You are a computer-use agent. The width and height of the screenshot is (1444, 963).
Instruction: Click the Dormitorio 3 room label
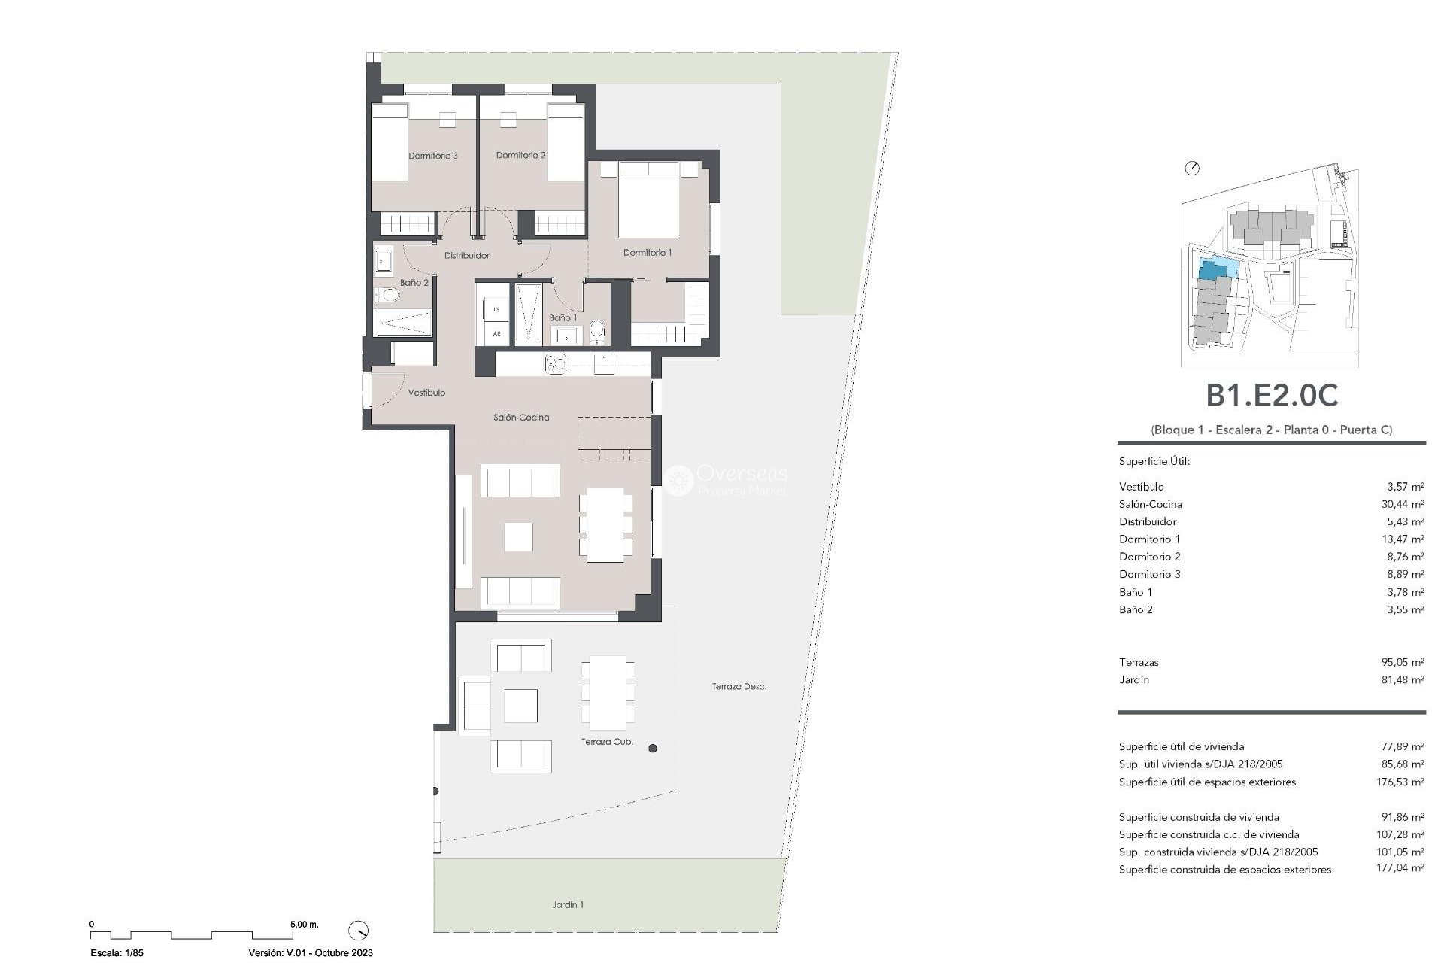pos(433,156)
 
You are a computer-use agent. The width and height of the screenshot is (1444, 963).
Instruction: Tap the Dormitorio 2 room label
pos(520,155)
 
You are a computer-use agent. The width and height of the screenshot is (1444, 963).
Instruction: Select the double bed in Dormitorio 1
pos(648,201)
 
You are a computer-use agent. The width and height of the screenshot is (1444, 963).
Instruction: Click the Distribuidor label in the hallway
pos(466,255)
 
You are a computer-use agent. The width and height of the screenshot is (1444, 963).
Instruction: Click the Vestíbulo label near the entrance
pos(426,393)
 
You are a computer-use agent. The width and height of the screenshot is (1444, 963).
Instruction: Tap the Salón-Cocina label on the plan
pos(521,417)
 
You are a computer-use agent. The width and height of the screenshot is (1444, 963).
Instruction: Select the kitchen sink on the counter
pos(556,364)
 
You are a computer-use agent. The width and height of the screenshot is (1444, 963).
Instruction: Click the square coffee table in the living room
pos(518,537)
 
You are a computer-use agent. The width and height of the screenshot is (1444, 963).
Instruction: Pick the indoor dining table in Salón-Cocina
pos(605,524)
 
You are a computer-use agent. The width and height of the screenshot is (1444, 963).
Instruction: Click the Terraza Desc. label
pos(739,686)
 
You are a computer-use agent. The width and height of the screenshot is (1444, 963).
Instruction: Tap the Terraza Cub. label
pos(607,742)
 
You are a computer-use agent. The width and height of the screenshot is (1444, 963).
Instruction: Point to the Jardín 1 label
pos(568,904)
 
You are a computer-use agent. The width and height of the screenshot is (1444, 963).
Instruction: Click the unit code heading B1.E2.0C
pos(1272,395)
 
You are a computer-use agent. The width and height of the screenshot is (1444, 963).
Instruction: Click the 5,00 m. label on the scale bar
pos(304,924)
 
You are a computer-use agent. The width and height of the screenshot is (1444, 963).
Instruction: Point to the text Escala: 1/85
pos(117,952)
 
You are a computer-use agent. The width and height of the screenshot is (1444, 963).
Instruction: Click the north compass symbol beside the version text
pos(359,930)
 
